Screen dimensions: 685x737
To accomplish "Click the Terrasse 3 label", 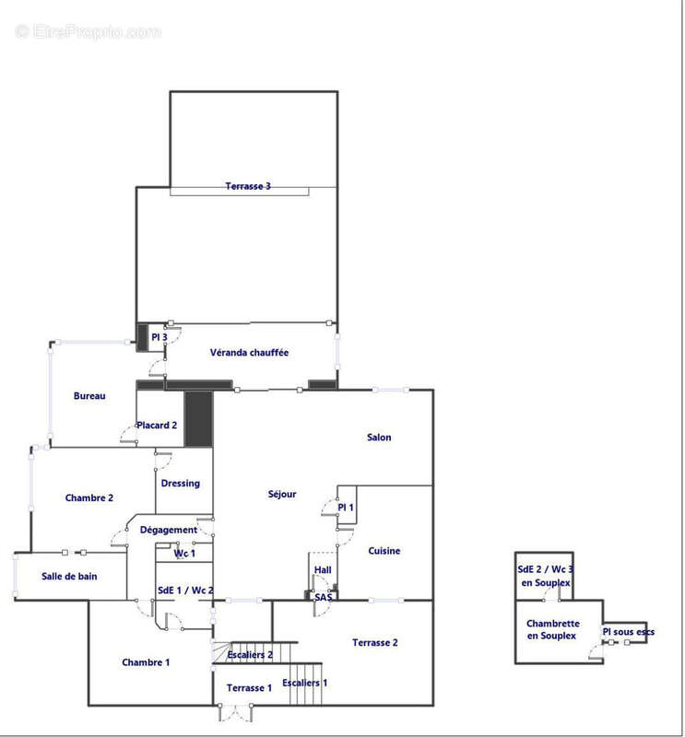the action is (x=248, y=186).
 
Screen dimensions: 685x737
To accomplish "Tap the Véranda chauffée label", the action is (x=249, y=353).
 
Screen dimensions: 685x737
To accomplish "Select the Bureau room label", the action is (x=89, y=396).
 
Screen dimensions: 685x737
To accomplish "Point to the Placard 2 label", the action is (x=157, y=426).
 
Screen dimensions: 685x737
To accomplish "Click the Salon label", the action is (x=379, y=437).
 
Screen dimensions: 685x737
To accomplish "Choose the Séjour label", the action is (x=282, y=494).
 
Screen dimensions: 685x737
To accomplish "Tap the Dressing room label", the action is (x=180, y=483).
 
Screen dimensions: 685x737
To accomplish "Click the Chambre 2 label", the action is (x=89, y=497).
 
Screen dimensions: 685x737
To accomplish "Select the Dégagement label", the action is (x=169, y=530).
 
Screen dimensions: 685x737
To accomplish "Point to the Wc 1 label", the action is (x=184, y=554).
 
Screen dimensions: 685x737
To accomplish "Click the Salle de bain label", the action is (x=69, y=577).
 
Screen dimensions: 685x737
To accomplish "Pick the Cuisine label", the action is (x=384, y=551).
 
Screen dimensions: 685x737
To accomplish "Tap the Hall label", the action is (x=323, y=569).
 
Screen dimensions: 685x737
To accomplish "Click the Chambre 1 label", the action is (x=146, y=662).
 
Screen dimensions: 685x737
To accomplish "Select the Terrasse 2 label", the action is (x=375, y=642).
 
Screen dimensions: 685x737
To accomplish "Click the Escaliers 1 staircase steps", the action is (x=305, y=684).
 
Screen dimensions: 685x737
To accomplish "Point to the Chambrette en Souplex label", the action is (x=553, y=629).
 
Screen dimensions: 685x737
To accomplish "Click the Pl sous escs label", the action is (x=629, y=632).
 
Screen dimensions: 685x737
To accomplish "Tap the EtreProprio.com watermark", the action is (x=88, y=31).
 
